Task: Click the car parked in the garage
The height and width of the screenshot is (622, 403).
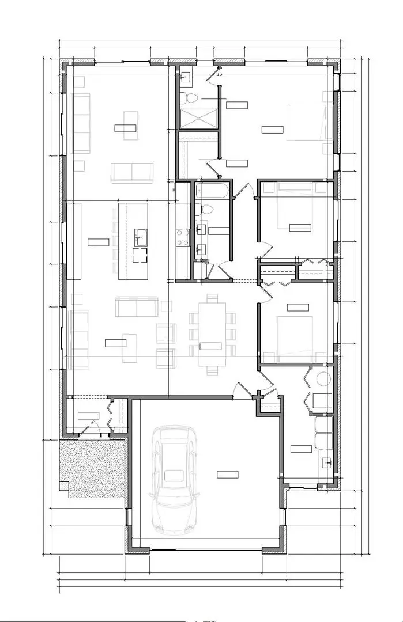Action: [x=172, y=478]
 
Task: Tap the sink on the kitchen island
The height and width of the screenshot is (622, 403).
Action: [x=141, y=234]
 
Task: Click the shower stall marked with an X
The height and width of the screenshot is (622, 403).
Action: [x=198, y=118]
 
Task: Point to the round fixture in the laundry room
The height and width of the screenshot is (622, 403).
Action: [x=323, y=379]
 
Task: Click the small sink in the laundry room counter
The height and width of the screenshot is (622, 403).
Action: [x=327, y=461]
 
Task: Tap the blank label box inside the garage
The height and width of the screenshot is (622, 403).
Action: [x=227, y=474]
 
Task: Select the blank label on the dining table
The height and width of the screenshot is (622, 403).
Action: [x=210, y=346]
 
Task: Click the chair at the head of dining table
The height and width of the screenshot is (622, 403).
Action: [x=212, y=298]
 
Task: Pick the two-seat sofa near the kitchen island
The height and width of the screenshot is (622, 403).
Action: [x=136, y=306]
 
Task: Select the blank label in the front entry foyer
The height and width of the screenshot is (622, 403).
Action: [x=88, y=415]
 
